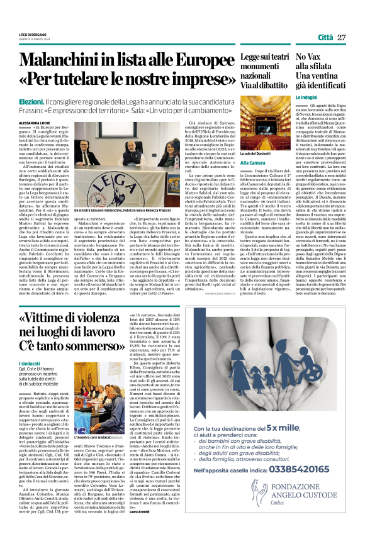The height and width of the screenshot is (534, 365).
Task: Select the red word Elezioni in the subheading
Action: [x=32, y=101]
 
